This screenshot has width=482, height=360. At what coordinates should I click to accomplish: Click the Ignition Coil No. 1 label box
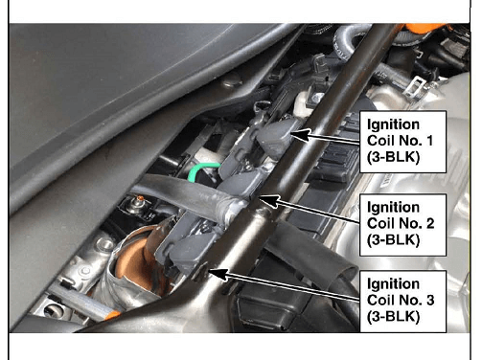(x=402, y=142)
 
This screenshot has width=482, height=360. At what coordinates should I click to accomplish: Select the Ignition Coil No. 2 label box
(x=402, y=225)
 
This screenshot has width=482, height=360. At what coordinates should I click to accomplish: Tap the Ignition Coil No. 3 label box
(x=402, y=302)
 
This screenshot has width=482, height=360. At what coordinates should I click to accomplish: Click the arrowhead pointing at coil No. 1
(x=300, y=135)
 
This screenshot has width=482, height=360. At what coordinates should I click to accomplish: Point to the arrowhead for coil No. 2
(x=268, y=201)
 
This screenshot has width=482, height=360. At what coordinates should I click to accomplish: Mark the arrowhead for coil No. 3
(x=218, y=275)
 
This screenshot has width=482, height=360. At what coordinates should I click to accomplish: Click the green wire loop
(x=201, y=171)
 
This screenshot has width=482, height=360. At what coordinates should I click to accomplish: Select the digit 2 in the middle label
(x=429, y=223)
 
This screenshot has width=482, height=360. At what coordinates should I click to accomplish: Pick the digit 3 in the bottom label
(x=429, y=300)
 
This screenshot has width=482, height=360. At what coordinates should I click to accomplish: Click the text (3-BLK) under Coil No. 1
(x=393, y=157)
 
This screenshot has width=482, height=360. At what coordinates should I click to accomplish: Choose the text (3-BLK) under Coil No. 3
(x=393, y=317)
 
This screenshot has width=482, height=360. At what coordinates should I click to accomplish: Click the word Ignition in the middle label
(x=393, y=208)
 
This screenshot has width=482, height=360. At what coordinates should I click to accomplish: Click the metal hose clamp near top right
(x=414, y=85)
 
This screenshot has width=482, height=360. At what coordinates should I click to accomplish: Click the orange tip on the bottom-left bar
(x=113, y=315)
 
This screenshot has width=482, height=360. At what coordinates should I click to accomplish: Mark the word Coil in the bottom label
(x=380, y=300)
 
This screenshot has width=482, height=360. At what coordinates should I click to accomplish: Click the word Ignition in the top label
(x=393, y=124)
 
